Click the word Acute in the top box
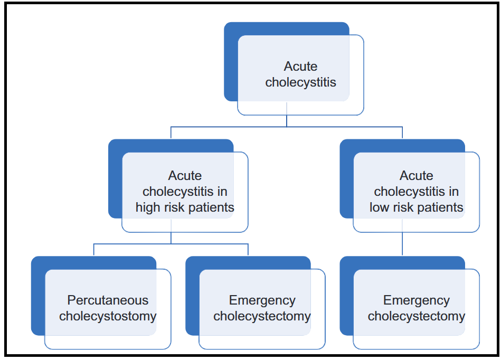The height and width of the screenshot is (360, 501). pyautogui.click(x=300, y=67)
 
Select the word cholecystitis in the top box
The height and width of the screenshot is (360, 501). pyautogui.click(x=301, y=82)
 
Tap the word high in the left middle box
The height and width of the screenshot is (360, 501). pyautogui.click(x=148, y=207)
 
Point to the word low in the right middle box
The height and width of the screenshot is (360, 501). pyautogui.click(x=379, y=207)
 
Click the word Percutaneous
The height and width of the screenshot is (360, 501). pyautogui.click(x=108, y=300)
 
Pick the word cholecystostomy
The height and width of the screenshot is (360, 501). pyautogui.click(x=108, y=316)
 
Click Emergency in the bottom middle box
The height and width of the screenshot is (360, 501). pyautogui.click(x=262, y=300)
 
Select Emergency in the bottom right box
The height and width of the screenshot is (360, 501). pyautogui.click(x=417, y=300)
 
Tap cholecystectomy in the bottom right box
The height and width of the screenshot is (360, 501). pyautogui.click(x=417, y=316)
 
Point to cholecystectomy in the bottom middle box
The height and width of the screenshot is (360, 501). pyautogui.click(x=262, y=316)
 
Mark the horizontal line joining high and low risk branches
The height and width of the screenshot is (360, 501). pyautogui.click(x=287, y=127)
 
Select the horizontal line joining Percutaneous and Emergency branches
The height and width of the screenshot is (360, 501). pyautogui.click(x=171, y=244)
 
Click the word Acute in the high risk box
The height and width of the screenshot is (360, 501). pyautogui.click(x=185, y=176)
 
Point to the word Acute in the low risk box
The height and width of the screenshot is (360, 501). pyautogui.click(x=417, y=176)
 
